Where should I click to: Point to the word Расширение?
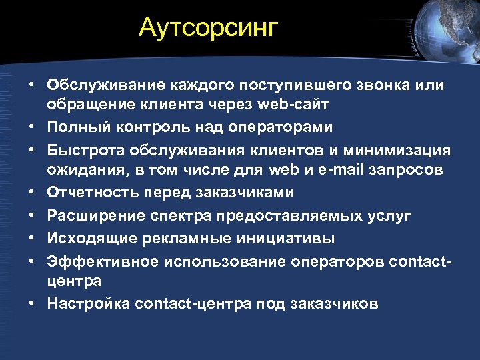pos(89,215)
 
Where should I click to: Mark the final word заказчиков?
pos(335,303)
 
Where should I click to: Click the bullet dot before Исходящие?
pos(31,239)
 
